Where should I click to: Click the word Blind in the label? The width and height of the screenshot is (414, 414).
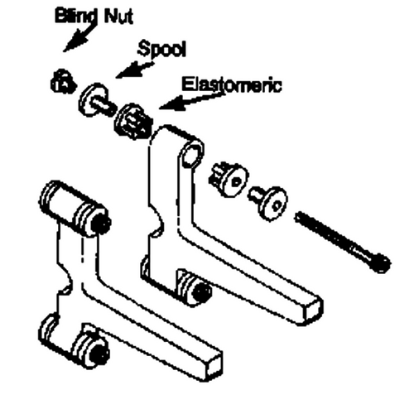(75, 17)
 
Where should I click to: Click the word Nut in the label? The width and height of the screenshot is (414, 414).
(118, 16)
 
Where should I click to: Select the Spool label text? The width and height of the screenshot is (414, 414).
(162, 49)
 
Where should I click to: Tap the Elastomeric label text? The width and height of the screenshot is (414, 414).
(232, 84)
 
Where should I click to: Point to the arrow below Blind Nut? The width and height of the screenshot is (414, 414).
(79, 39)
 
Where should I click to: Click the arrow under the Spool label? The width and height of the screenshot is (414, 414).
(134, 70)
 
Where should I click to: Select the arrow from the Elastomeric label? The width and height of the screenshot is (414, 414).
(191, 101)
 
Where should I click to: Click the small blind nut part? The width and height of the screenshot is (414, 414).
(64, 82)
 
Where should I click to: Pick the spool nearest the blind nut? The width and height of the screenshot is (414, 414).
(95, 100)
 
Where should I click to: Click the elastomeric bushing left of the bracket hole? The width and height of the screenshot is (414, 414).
(133, 122)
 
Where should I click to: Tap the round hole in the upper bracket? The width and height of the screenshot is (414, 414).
(192, 155)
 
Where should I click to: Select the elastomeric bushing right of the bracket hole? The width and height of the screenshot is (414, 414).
(229, 180)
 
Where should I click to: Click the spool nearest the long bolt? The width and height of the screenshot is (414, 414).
(268, 203)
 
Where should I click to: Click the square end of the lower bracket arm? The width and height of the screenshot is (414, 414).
(213, 365)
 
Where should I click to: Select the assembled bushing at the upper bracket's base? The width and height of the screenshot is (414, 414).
(194, 288)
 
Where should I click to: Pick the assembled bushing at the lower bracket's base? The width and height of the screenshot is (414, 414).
(90, 347)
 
